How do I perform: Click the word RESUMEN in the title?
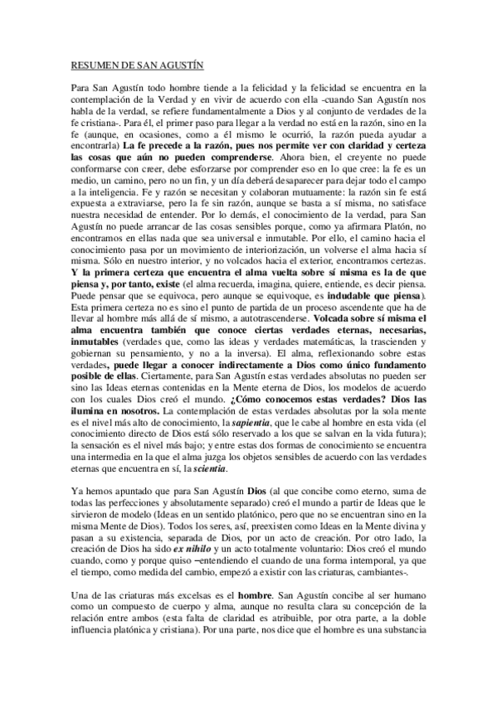coord(90,64)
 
